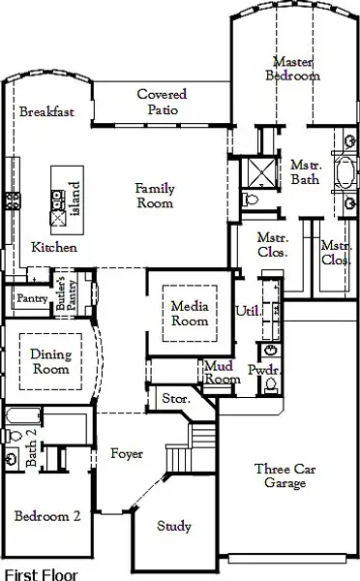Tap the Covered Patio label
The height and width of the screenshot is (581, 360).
[162, 102]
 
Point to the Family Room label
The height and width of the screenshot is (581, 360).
[154, 196]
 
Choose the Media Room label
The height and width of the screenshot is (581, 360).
[190, 313]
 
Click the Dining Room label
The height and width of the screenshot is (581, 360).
[50, 361]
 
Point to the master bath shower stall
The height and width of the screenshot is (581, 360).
[258, 172]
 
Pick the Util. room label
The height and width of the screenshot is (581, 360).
[247, 310]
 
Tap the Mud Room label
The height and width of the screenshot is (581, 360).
[222, 372]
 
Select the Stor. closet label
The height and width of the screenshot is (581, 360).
[174, 397]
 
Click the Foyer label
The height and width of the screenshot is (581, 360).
[127, 453]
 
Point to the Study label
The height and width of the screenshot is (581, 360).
[174, 527]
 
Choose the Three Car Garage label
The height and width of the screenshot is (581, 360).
[280, 476]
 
